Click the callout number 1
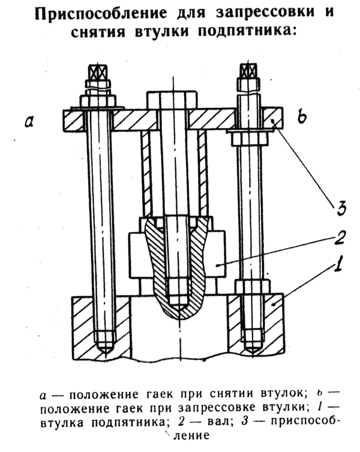[x=338, y=262]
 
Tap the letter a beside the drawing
[x=29, y=121]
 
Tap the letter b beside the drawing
[x=302, y=116]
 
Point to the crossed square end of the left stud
[x=98, y=72]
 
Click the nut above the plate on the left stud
[x=98, y=101]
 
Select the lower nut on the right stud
[x=253, y=286]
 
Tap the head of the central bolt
[x=172, y=100]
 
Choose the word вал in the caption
[x=218, y=423]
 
